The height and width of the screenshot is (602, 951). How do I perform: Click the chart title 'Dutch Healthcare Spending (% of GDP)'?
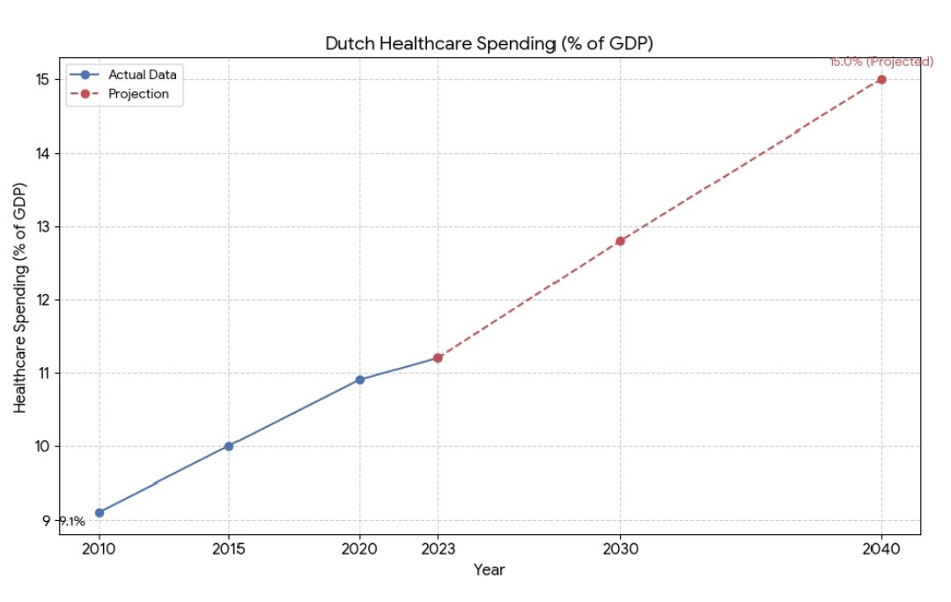coord(489,43)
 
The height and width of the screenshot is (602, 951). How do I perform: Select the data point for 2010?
coord(100,512)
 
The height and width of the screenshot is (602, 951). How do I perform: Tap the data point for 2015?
coord(229,446)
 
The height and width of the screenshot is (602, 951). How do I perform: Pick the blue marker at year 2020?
coord(359,379)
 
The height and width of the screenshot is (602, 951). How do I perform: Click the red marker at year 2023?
coord(438,357)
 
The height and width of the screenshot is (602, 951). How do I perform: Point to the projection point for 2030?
coord(620,240)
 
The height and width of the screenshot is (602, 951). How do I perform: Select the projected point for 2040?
coord(881,79)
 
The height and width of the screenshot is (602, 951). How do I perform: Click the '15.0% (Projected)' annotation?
coord(881,62)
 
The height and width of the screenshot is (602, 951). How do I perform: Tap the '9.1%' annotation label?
coord(72,521)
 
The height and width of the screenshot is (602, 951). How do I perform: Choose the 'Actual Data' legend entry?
coord(142,75)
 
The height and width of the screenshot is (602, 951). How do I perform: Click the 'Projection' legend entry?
coord(138,93)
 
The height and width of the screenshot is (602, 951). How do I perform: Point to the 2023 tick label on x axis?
coord(438,548)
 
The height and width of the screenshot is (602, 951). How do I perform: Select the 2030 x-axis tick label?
coord(620,548)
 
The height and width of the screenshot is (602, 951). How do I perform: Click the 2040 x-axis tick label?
coord(881,548)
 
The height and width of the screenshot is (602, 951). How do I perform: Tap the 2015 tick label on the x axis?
coord(229,548)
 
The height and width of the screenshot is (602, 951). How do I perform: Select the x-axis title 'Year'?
coord(489,570)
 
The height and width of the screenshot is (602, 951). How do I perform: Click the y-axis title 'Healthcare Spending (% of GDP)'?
coord(21,297)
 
